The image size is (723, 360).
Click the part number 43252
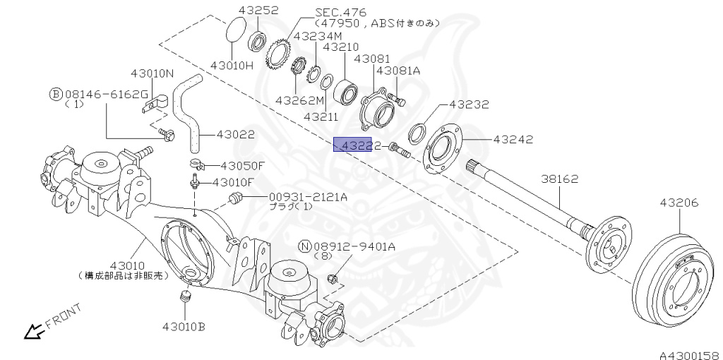pos(258,10)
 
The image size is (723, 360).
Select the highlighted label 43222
pos(357,145)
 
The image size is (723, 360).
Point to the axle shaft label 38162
pos(559,179)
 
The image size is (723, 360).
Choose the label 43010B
pos(184,326)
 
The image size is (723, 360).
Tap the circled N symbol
pos(304,246)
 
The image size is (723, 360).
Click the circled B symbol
pos(55,94)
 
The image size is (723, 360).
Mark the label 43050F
pos(242,166)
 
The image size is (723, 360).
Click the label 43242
pos(513,140)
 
